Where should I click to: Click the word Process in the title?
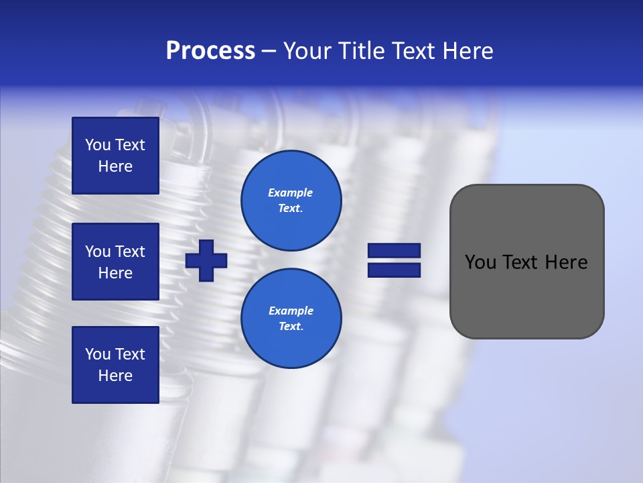pyautogui.click(x=210, y=51)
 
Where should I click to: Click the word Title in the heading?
pyautogui.click(x=362, y=51)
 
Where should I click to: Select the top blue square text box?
pyautogui.click(x=115, y=156)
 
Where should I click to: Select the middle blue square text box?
pyautogui.click(x=115, y=262)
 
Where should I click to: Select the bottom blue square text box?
pyautogui.click(x=115, y=364)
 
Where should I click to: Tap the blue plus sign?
pyautogui.click(x=206, y=260)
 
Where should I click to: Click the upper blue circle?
pyautogui.click(x=291, y=200)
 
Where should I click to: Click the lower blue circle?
pyautogui.click(x=291, y=318)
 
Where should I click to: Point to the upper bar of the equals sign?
pyautogui.click(x=394, y=251)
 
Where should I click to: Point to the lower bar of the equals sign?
pyautogui.click(x=394, y=270)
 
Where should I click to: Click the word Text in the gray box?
pyautogui.click(x=520, y=262)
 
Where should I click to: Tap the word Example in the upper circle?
pyautogui.click(x=290, y=193)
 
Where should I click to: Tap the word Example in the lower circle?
pyautogui.click(x=291, y=311)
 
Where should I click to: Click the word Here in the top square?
pyautogui.click(x=115, y=166)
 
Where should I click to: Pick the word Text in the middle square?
pyautogui.click(x=130, y=252)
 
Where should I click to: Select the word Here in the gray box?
pyautogui.click(x=566, y=262)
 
